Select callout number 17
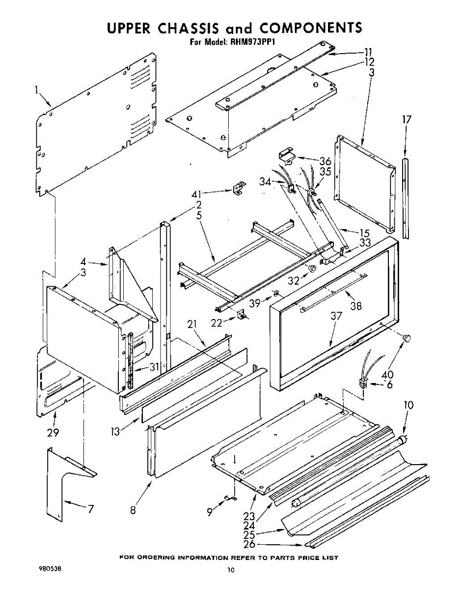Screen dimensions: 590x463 pos(406,119)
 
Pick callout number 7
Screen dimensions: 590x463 pos(90,509)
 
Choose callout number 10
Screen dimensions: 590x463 pos(409,405)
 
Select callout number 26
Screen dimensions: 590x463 pos(249,544)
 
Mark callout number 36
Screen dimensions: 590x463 pos(325,161)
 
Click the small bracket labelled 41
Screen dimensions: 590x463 pos(239,188)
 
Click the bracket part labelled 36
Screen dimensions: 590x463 pos(285,155)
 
